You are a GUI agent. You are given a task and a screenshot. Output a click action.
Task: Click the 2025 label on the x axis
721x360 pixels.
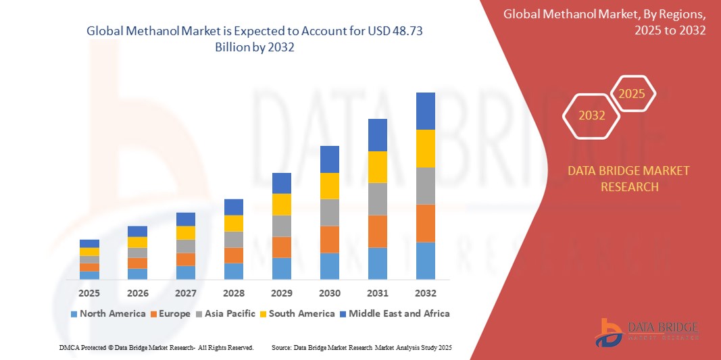(89, 293)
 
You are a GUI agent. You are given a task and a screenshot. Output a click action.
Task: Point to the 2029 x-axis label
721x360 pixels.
(282, 293)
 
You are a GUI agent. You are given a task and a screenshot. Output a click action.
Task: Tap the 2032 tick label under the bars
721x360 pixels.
(426, 293)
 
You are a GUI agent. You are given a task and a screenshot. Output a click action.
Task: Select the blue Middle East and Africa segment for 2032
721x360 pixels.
(426, 111)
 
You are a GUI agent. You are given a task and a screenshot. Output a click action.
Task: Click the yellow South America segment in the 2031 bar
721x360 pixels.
(378, 167)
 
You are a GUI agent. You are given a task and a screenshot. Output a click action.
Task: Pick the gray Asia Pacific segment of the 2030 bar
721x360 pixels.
(330, 212)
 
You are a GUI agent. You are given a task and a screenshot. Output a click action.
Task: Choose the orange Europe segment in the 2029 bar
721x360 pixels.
(282, 247)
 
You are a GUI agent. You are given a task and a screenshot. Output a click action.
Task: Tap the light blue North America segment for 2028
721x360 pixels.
(234, 271)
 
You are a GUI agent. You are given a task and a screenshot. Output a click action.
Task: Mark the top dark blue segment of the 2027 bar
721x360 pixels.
(186, 219)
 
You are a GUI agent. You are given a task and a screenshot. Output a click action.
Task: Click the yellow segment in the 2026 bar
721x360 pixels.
(137, 242)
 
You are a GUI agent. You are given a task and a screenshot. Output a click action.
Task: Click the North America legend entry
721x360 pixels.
(107, 313)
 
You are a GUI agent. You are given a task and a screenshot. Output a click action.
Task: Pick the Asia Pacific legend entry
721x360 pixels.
(226, 313)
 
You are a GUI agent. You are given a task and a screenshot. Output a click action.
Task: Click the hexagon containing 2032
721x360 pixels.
(592, 115)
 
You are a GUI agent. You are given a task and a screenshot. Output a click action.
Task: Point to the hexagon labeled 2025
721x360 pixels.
(632, 94)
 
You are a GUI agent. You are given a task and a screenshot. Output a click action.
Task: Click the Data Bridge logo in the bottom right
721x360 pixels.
(647, 331)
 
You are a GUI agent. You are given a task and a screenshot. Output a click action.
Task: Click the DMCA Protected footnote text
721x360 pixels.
(156, 347)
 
